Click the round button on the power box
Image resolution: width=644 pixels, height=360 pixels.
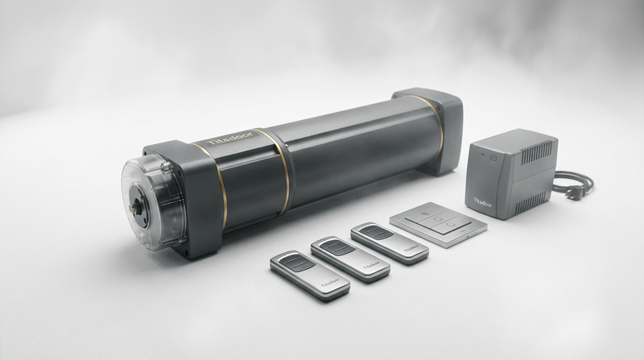click(x=492, y=159)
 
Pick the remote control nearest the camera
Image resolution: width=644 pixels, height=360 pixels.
click(x=309, y=275)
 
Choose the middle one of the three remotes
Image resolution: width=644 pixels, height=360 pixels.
click(x=350, y=259)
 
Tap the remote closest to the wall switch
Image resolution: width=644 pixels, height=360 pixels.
click(x=390, y=243)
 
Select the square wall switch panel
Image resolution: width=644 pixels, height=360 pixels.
click(x=438, y=223)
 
